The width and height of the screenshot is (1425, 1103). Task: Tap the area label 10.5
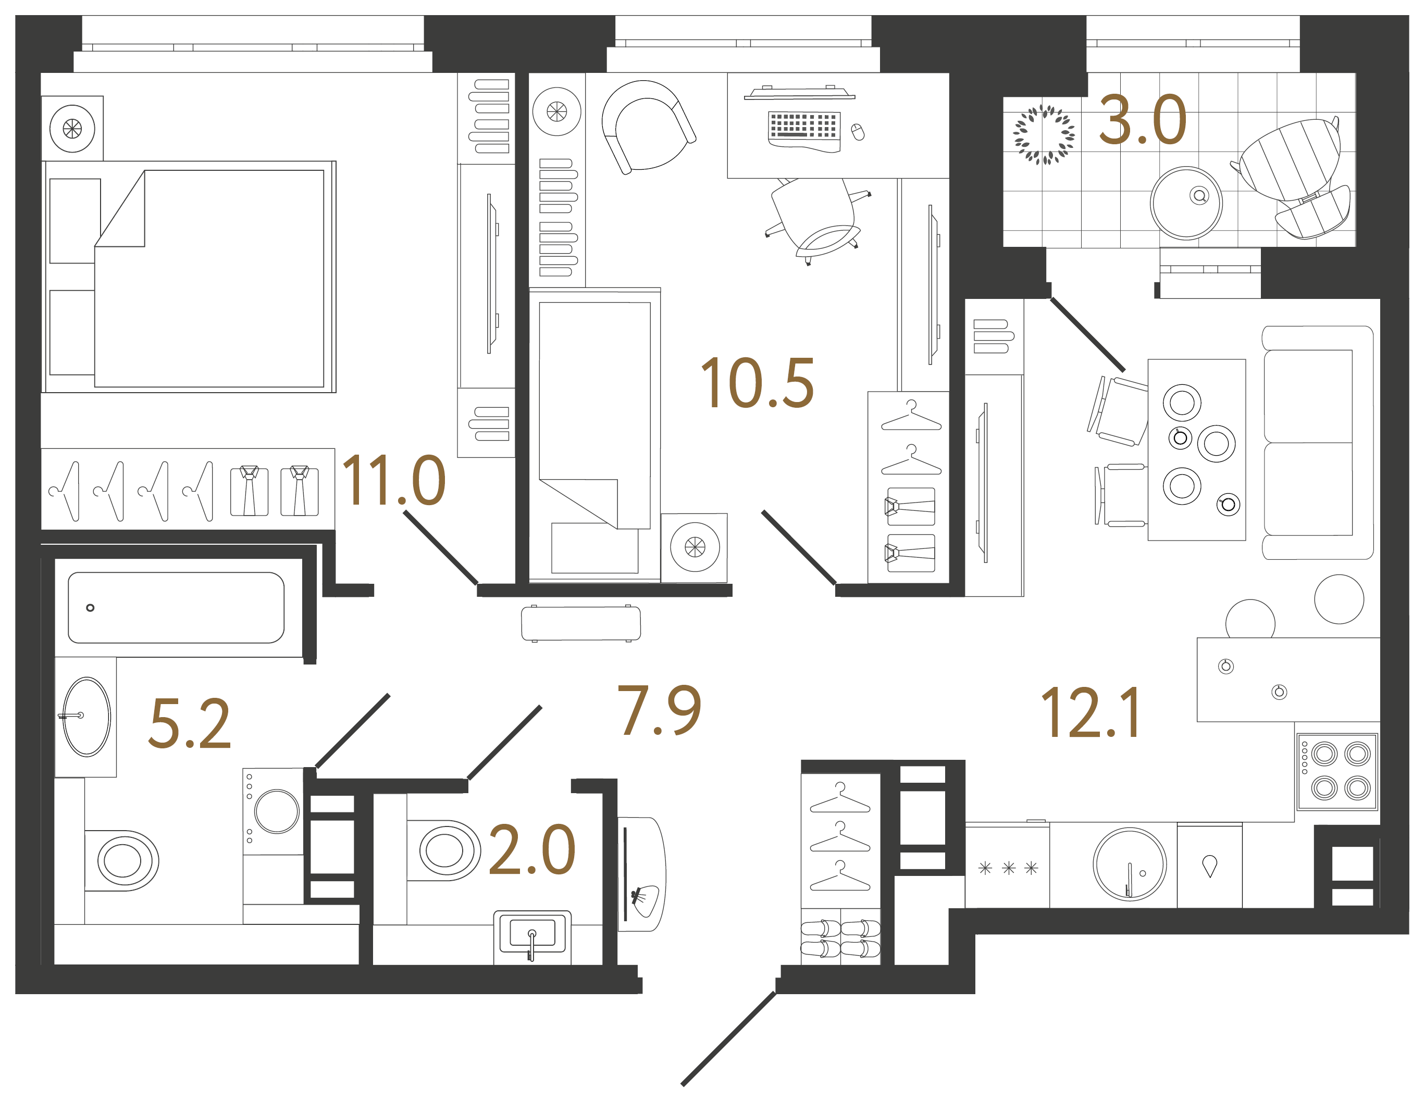[757, 384]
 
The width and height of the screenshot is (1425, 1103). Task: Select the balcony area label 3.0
[1143, 121]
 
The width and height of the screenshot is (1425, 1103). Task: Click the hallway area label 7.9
[659, 710]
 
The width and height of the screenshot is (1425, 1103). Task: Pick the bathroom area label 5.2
[189, 723]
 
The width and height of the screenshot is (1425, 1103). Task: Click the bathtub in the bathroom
[176, 607]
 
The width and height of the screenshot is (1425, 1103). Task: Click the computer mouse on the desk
[858, 132]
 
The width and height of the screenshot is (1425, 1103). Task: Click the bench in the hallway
[581, 623]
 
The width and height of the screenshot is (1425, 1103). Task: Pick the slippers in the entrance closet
[840, 938]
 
